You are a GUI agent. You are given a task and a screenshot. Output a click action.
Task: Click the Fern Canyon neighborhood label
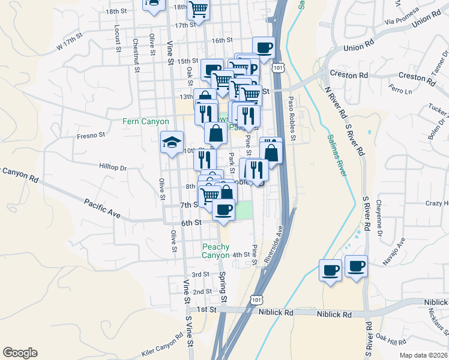coord(146,121)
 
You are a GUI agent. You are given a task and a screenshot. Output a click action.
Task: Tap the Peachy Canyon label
coord(215,251)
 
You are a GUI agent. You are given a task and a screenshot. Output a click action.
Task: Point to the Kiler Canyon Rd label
coord(162,343)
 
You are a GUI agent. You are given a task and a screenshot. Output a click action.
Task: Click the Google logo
coord(20,353)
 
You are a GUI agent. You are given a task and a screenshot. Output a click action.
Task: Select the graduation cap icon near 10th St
coord(172,143)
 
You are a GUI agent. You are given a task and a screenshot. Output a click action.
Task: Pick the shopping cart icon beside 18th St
coord(199,9)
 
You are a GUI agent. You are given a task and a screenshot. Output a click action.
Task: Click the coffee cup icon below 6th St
coord(224,210)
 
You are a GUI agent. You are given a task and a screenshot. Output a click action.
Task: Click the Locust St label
coord(116,39)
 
